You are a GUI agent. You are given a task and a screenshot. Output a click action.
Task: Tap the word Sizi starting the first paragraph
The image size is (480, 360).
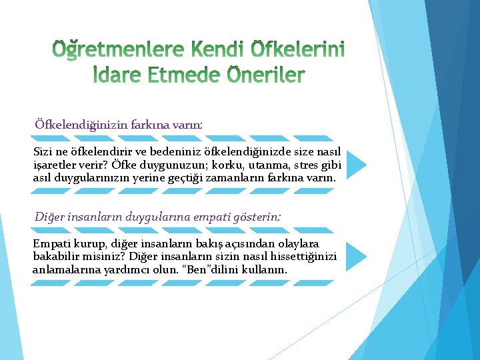point(43,153)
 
